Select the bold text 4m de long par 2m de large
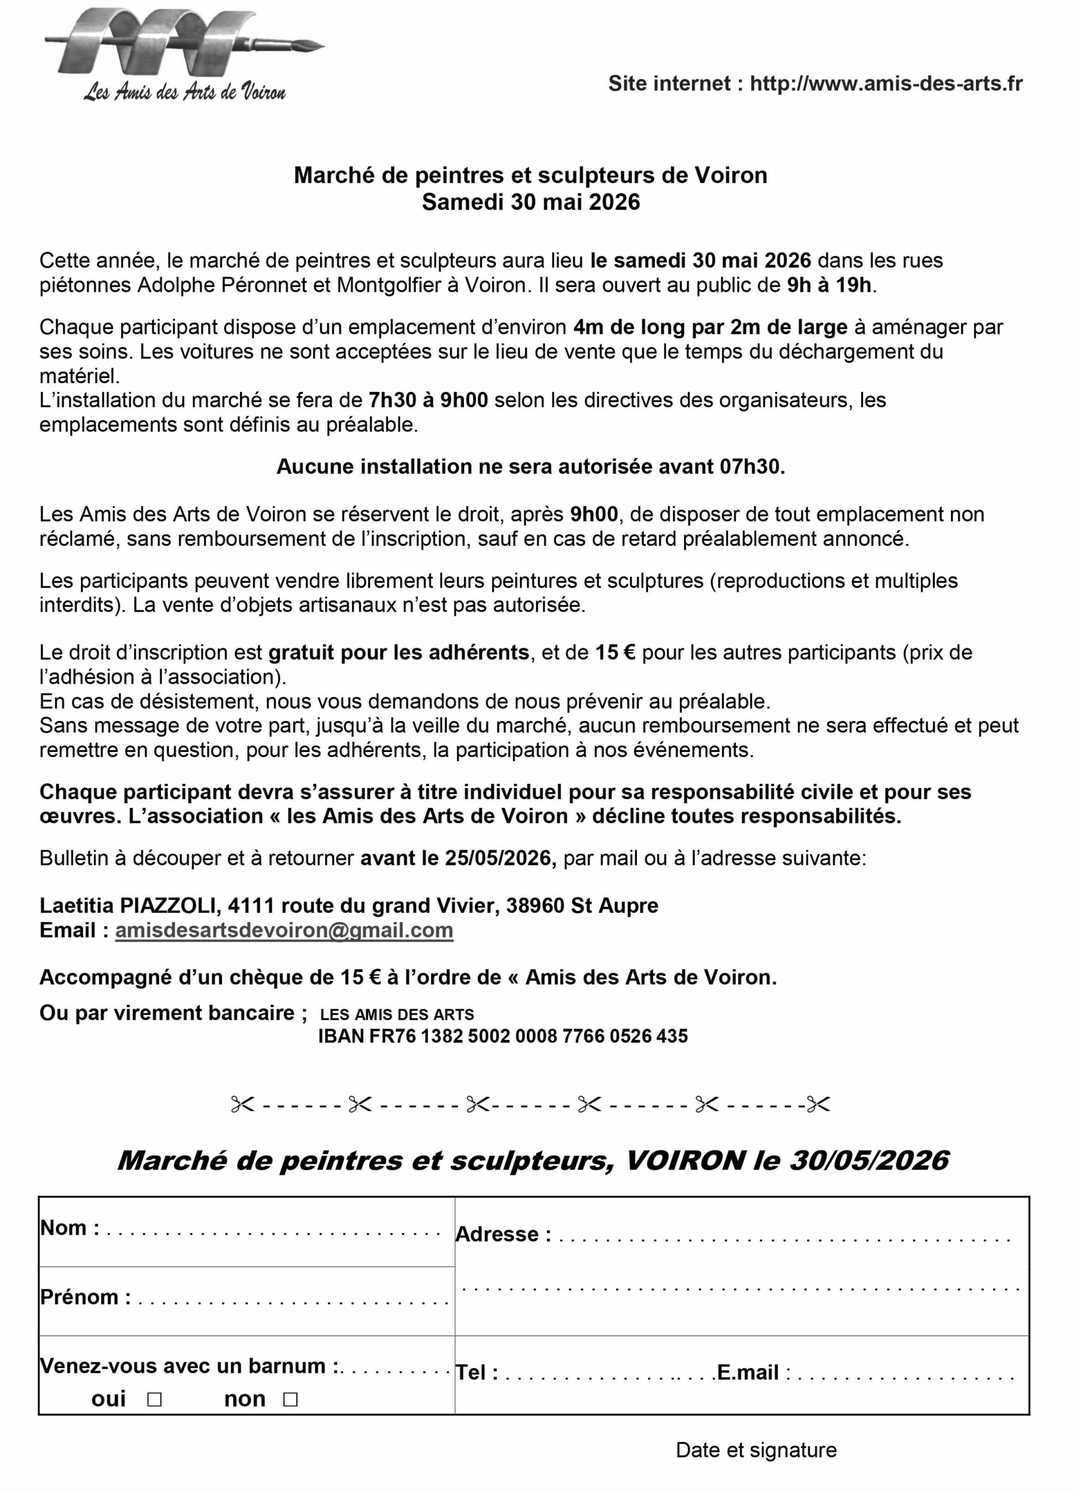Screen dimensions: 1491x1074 coord(710,327)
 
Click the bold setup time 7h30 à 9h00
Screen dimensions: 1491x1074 coord(428,400)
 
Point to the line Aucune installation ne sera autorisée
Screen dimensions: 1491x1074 coord(531,466)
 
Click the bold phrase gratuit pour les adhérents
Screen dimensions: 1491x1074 coord(399,652)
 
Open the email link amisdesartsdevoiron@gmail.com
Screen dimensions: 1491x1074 coord(284,930)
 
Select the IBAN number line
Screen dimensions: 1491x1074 coord(503,1036)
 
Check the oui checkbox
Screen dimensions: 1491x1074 coord(154,1398)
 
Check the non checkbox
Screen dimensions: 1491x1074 coord(290,1398)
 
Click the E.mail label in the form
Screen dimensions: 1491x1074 coord(748,1372)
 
